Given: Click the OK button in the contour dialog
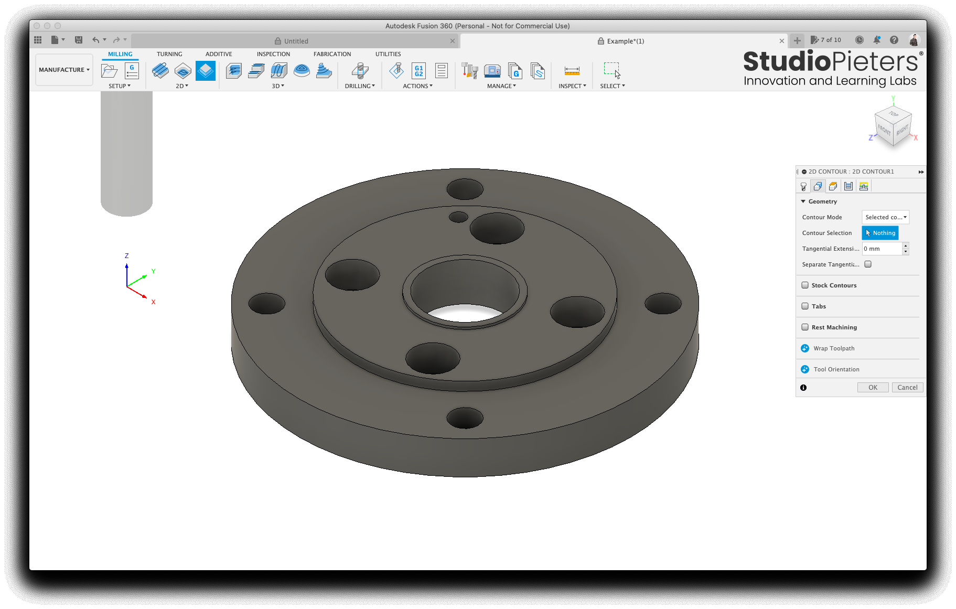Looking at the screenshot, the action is [873, 388].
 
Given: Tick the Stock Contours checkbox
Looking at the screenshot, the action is [805, 285].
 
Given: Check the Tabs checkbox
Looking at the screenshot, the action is [805, 306].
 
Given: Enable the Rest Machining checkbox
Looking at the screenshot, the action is [805, 327].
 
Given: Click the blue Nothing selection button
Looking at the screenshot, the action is [880, 233].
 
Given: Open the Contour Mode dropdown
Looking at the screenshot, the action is [885, 217].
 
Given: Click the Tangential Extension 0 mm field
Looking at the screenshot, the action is [882, 249].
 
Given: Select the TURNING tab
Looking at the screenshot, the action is [169, 54].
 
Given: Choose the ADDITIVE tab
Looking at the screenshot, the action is [219, 54].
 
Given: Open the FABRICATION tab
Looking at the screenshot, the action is [332, 54].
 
